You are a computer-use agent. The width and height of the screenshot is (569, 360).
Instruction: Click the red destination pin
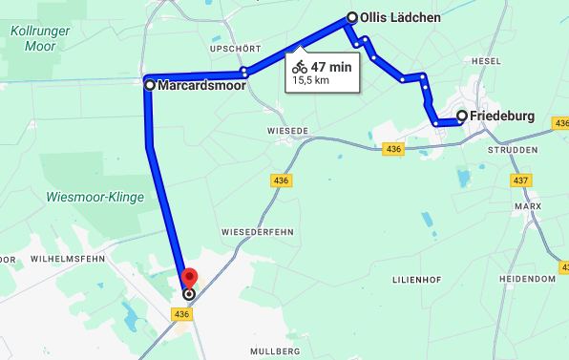[188, 277]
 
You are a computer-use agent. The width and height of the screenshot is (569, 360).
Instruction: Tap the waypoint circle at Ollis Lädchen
[352, 17]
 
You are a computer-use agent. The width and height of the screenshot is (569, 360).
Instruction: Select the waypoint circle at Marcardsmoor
[150, 85]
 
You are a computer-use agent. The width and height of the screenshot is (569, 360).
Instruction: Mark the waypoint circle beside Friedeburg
[462, 116]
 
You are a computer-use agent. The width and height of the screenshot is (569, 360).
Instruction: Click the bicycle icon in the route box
[300, 67]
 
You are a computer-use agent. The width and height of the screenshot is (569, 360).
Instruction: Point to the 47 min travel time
[331, 67]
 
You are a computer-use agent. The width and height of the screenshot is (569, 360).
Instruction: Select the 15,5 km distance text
[310, 81]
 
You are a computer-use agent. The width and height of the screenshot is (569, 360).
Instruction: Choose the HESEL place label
[486, 60]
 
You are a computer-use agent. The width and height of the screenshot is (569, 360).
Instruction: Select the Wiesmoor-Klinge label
[95, 198]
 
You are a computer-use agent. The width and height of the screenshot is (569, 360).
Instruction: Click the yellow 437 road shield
[520, 180]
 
